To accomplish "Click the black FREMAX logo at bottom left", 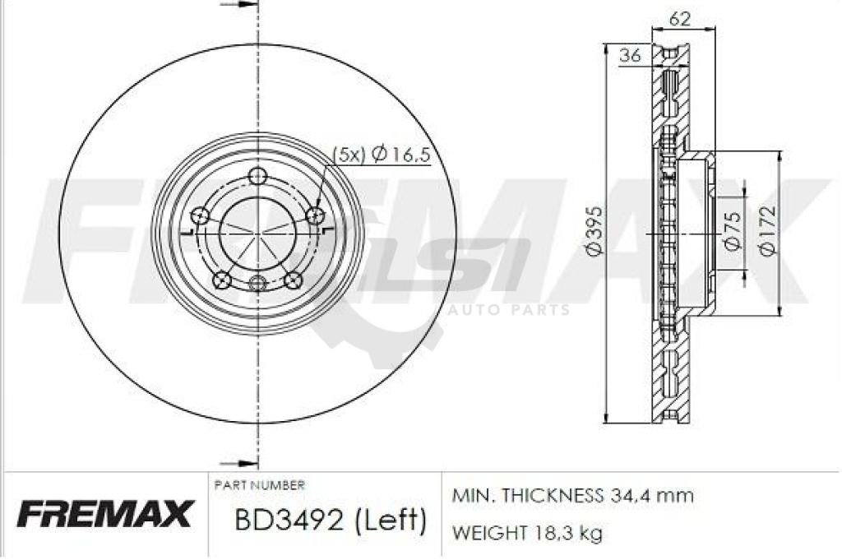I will click(104, 515).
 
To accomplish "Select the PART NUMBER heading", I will click(259, 485).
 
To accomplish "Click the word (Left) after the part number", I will click(390, 520).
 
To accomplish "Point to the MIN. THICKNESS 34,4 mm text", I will click(573, 496).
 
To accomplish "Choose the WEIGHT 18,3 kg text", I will click(527, 533).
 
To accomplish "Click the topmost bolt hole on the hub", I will click(258, 175).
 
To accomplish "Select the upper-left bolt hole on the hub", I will click(199, 216).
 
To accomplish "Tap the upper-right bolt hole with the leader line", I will click(313, 215).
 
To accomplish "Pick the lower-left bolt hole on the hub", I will click(220, 280).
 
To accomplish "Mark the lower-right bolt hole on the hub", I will click(293, 280).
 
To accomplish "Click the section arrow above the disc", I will click(239, 5).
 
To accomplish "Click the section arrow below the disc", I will click(239, 464).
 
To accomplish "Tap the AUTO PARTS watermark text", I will click(509, 311).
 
